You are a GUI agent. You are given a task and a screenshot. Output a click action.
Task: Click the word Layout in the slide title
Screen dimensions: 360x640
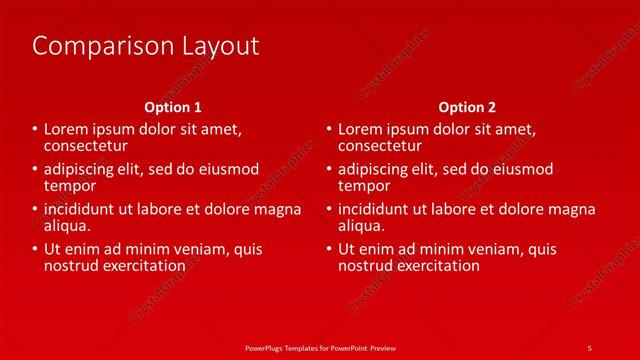coord(216,46)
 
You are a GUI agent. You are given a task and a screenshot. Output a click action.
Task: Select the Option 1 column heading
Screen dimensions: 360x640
coord(173,107)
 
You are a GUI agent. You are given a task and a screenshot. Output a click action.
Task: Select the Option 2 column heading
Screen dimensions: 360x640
coord(467,107)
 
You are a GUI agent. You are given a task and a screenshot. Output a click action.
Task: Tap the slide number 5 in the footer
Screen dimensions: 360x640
coord(589,347)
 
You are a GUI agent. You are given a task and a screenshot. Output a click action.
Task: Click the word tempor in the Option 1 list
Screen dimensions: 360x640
coord(70,186)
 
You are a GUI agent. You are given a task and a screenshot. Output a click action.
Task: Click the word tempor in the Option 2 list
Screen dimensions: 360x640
coord(364,186)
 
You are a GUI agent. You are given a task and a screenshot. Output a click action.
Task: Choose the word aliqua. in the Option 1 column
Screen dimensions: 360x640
coord(68,226)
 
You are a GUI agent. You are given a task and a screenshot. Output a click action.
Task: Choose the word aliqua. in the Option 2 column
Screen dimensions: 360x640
coord(362,226)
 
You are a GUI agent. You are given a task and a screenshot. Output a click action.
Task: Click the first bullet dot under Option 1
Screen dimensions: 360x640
coord(35,131)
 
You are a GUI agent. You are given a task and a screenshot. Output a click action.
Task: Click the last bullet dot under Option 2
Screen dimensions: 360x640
coord(329,250)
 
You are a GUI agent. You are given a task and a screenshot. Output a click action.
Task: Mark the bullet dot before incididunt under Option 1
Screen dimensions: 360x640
coord(35,210)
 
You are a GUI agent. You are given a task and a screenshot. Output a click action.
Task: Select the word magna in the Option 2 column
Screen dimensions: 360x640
coord(574,210)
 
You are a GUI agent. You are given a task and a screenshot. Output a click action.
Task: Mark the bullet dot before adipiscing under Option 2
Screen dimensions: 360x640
coord(329,170)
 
